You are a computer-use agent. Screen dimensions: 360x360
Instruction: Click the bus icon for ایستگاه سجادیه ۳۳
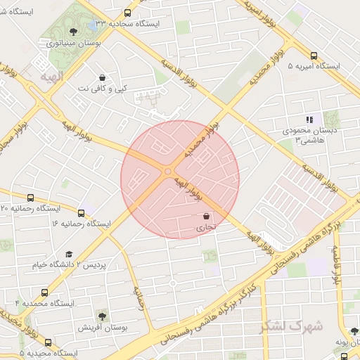pos(127,13)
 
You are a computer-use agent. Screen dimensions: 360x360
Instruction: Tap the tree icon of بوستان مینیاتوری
pos(74,32)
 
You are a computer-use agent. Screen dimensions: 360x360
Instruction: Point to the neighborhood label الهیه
pos(52,75)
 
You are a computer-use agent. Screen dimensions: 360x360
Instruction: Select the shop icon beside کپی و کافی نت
pos(103,77)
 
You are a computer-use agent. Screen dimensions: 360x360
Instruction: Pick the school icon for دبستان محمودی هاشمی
pos(309,120)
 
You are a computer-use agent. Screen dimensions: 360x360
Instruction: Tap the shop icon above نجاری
pos(206,216)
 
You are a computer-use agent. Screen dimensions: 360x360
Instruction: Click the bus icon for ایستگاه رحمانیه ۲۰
pos(30,198)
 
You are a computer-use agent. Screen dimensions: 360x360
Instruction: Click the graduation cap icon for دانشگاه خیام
pos(69,254)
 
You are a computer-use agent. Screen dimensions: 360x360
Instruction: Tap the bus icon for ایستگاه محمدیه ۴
pos(45,292)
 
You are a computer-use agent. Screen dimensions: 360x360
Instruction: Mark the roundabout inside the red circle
pos(168,172)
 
